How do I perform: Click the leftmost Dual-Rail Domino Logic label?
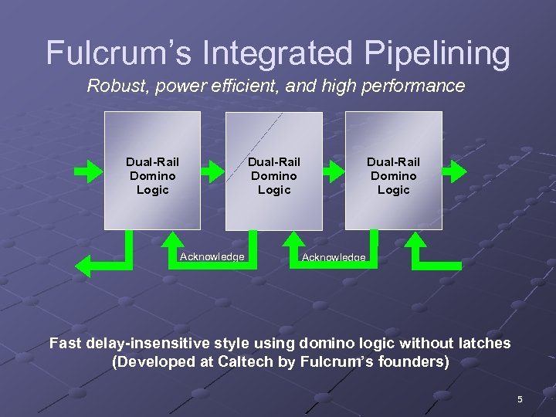click(x=152, y=175)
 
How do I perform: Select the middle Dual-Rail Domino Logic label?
click(x=273, y=175)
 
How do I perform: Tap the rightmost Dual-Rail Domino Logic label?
click(x=393, y=175)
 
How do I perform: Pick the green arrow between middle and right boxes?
click(x=334, y=171)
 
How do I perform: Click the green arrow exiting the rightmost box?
click(x=456, y=171)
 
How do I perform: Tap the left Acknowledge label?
click(x=212, y=256)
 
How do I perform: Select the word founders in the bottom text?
click(x=412, y=361)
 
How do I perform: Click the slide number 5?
click(x=520, y=399)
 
